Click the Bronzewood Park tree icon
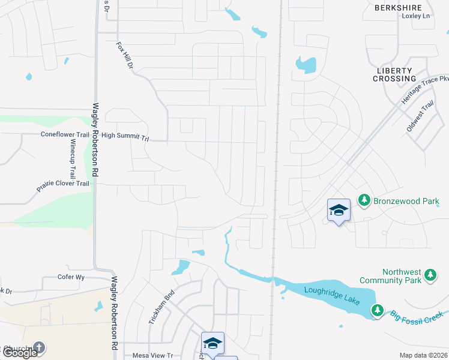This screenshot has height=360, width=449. click(x=364, y=200)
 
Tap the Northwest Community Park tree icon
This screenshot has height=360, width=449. click(x=430, y=275)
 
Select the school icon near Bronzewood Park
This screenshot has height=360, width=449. click(x=339, y=210)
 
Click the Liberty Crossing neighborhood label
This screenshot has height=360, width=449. click(x=396, y=74)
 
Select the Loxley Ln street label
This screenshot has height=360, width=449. click(x=416, y=16)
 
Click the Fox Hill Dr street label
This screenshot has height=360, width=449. click(x=125, y=54)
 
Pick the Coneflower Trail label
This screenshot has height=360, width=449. click(x=65, y=135)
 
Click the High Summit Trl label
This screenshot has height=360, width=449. click(x=125, y=137)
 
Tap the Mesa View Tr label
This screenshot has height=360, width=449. click(x=152, y=355)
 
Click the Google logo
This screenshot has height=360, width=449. click(x=19, y=353)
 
